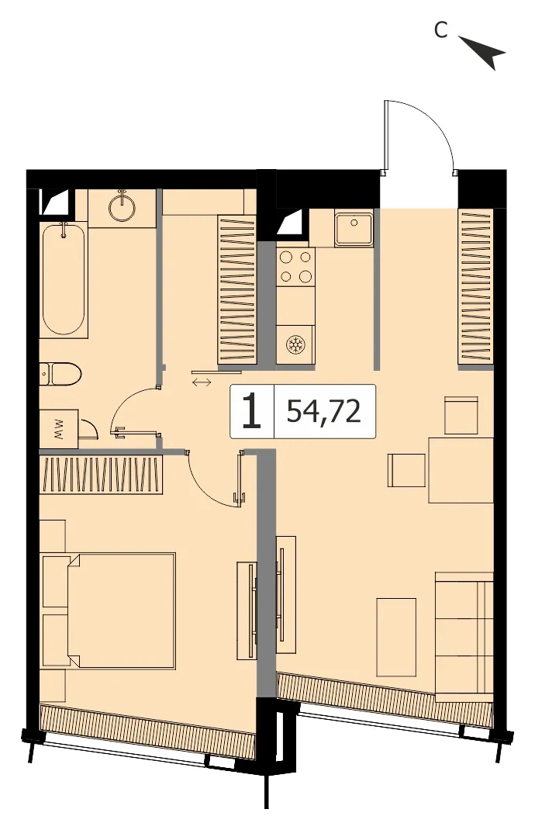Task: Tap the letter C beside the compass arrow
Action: click(x=441, y=30)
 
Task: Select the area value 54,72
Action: click(x=324, y=411)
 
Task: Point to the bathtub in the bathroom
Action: click(x=64, y=280)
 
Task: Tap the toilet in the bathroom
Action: click(x=60, y=375)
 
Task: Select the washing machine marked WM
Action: click(x=59, y=428)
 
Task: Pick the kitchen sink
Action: click(x=354, y=227)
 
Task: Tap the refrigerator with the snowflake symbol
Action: click(x=295, y=344)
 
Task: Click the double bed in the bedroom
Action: click(x=108, y=611)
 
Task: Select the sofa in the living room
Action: click(x=464, y=637)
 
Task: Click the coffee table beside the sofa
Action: click(x=396, y=637)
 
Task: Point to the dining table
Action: click(x=461, y=470)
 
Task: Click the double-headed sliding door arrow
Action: click(x=202, y=382)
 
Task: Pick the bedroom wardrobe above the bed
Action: click(x=100, y=474)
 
